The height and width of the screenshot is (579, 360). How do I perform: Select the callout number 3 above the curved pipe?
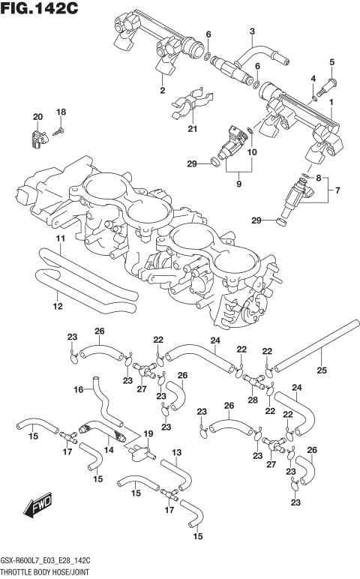coord(252,31)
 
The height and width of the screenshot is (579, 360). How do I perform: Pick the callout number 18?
coord(61,112)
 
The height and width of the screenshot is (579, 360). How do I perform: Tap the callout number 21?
coord(192,129)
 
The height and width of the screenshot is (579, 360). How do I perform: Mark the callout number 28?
coord(251,400)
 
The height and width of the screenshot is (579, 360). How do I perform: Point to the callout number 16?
coord(77,390)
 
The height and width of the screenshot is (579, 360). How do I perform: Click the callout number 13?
coord(177,453)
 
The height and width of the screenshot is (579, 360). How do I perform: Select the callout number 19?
coord(148,434)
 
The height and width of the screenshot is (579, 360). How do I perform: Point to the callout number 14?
coord(109,450)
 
